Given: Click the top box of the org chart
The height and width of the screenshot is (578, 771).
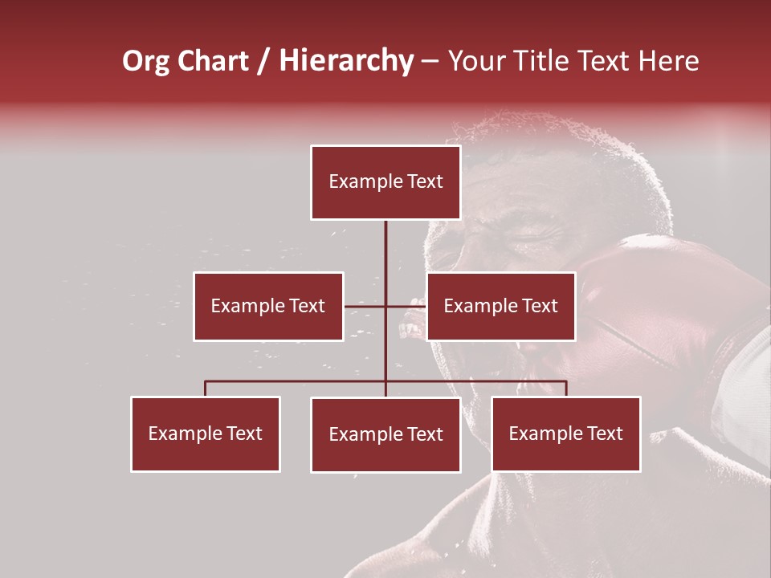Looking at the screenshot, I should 385,182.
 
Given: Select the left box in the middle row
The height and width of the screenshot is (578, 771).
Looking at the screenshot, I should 268,306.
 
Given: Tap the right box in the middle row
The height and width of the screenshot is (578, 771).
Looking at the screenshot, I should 500,306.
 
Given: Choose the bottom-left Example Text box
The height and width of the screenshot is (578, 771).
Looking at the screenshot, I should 206,433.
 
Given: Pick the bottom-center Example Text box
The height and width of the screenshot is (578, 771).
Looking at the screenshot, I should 385,434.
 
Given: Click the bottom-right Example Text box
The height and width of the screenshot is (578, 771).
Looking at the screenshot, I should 566,433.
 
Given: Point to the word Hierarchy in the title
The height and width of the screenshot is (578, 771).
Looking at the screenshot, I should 346,61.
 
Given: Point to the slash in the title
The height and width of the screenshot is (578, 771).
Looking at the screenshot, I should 263,61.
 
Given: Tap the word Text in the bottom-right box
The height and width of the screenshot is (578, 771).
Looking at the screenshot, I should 606,433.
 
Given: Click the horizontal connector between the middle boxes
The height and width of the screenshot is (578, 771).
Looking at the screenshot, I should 385,306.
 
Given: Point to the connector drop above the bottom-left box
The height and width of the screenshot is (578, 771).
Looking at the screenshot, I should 206,389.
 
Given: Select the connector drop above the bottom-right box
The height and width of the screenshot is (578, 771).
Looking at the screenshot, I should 566,389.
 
